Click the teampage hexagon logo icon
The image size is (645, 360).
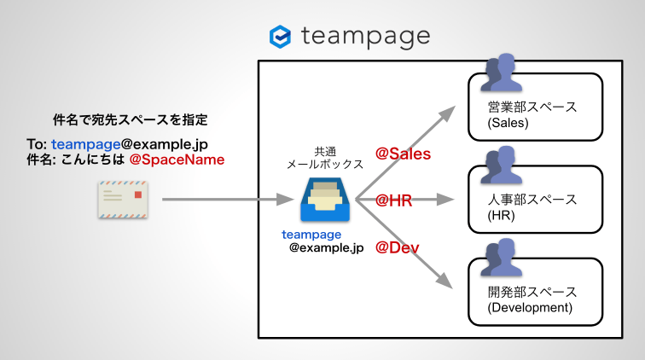tap(280, 37)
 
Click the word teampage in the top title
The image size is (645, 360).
tap(365, 37)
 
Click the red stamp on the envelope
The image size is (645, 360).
tap(139, 196)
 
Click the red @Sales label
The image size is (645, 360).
tap(404, 154)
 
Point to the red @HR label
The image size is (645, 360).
tap(394, 200)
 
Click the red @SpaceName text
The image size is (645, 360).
tap(177, 160)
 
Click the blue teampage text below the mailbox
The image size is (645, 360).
tap(311, 234)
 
